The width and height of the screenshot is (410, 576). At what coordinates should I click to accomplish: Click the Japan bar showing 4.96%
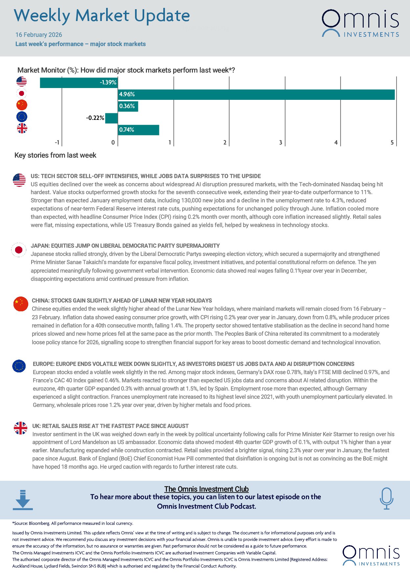pos(256,95)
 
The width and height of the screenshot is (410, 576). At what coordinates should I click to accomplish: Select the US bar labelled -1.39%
pos(79,83)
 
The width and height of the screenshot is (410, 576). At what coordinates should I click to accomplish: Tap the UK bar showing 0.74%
pos(138,130)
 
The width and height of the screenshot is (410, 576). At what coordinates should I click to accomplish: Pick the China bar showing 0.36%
pos(128,106)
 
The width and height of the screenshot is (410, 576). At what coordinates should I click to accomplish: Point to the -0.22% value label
pos(95,118)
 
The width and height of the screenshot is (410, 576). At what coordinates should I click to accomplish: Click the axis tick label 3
pos(281,143)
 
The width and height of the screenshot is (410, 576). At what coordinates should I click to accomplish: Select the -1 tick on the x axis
pos(57,143)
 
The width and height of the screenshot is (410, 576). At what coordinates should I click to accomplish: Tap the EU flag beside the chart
pos(22,117)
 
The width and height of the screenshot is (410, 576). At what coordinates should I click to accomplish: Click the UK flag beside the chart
pos(22,128)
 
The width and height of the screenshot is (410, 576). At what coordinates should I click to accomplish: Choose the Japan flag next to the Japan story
pos(19,250)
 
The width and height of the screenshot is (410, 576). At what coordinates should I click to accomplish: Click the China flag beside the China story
pos(21,304)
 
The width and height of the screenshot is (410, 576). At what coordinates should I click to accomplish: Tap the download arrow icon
pos(23,500)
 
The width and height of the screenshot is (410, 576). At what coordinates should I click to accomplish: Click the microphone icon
pos(386,498)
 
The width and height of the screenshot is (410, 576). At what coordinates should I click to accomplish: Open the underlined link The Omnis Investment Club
pos(206,489)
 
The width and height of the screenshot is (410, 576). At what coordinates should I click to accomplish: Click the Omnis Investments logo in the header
pos(360,23)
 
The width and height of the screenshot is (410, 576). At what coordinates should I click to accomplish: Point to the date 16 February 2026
pos(39,35)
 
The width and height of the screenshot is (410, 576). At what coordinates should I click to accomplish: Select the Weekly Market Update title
pos(102,16)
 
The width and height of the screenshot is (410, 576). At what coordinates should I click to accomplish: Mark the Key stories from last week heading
pos(55,155)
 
